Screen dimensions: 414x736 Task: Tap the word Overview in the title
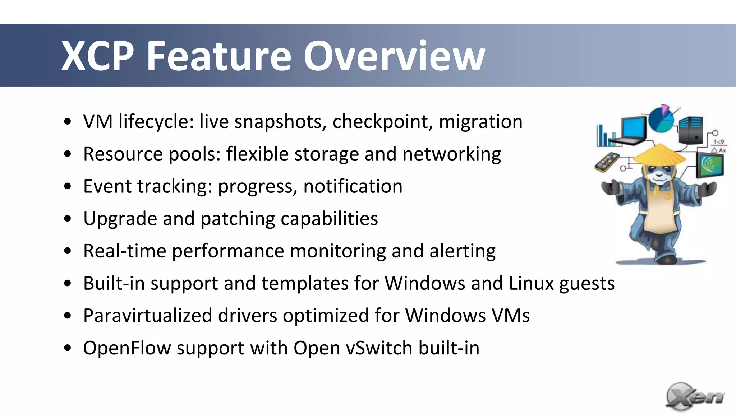click(394, 56)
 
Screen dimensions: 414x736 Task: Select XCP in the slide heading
click(97, 56)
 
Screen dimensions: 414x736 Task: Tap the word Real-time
click(124, 251)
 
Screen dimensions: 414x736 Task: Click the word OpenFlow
click(127, 348)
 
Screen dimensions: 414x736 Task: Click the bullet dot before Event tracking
click(68, 186)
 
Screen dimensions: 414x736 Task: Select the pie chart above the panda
click(661, 119)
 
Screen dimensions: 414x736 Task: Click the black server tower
click(691, 130)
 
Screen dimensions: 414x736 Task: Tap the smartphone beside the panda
click(606, 162)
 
